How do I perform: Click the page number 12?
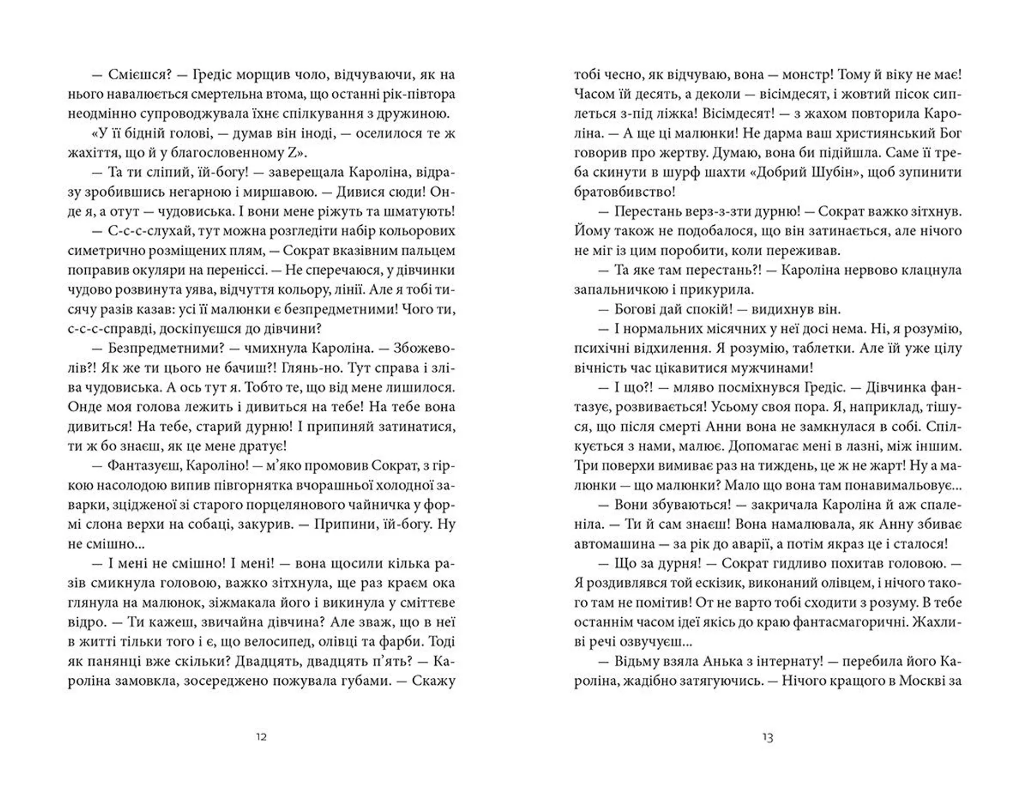(261, 737)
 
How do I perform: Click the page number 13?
(767, 737)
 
